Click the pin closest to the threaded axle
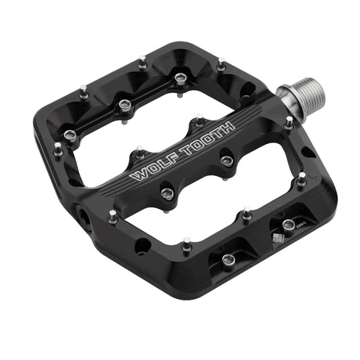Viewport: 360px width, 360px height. click(x=290, y=122)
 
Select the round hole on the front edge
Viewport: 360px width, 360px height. click(x=142, y=247)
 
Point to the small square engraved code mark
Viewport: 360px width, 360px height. click(x=275, y=235)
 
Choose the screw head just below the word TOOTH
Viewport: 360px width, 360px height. click(x=227, y=160)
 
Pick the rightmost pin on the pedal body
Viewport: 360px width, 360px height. click(x=301, y=180)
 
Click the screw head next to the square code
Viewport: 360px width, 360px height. click(x=288, y=225)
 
